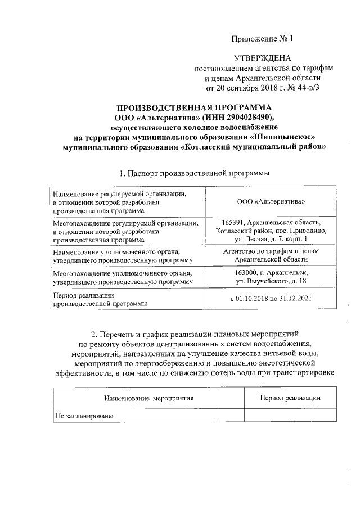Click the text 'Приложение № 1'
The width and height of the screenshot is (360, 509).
pos(263,39)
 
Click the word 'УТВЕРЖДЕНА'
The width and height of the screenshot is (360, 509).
pos(263,58)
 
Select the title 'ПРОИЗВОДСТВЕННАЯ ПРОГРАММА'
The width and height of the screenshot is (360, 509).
pos(193,107)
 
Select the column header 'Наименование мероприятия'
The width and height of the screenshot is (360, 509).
pos(148,398)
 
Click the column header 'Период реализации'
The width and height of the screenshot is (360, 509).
pos(290,398)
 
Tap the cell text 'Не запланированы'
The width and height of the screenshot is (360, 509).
pos(84,416)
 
